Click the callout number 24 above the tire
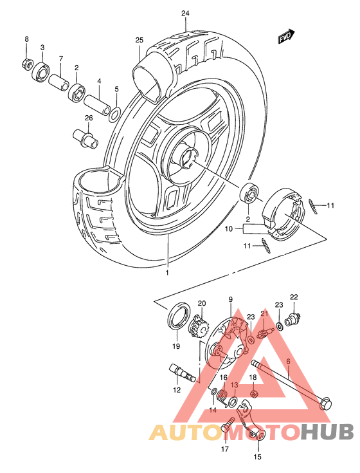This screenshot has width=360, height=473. [186, 14]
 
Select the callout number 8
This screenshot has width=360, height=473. [27, 40]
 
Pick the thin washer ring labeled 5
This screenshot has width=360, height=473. [114, 114]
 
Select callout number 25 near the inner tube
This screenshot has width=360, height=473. [138, 41]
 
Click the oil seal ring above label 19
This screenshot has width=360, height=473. [177, 319]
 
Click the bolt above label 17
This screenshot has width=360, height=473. [228, 425]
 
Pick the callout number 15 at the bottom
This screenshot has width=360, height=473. [258, 458]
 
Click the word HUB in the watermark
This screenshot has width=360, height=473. [327, 432]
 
